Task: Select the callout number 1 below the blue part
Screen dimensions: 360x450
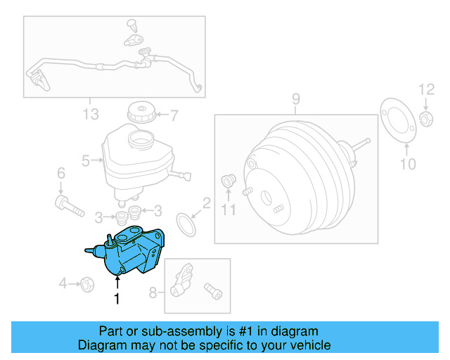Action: coord(117,299)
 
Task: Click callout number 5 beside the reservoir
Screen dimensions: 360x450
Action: coord(86,160)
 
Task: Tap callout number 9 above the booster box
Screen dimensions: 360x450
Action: coord(295,98)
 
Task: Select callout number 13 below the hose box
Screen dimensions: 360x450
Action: coord(90,113)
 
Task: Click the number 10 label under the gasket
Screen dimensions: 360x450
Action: coord(408,165)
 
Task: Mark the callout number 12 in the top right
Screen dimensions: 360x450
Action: coord(427,89)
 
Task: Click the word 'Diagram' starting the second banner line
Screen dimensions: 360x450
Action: coord(101,345)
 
